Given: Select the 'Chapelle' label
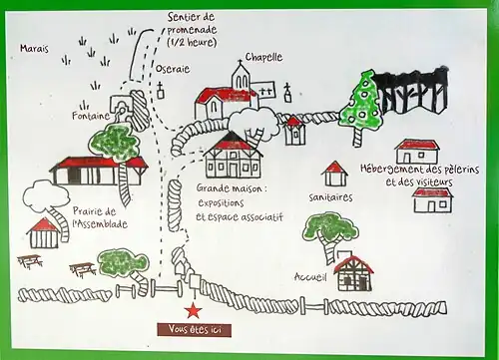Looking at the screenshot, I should tap(262, 57).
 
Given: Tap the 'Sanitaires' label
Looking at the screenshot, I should tap(330, 196).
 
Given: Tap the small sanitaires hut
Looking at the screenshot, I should tap(335, 174).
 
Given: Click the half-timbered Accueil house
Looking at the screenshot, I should tap(352, 271).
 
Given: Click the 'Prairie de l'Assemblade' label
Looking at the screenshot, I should tap(100, 217).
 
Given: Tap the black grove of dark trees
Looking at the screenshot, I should tap(412, 93).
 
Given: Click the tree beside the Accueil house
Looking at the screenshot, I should tap(326, 231).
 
